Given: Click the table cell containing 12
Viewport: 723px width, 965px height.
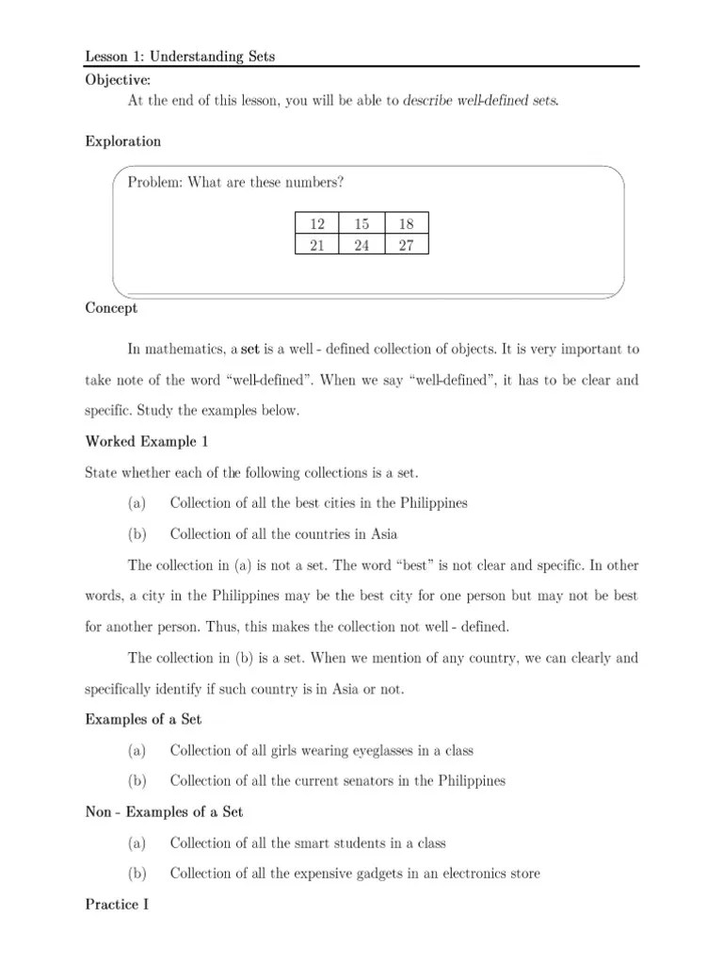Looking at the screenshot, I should pos(317,223).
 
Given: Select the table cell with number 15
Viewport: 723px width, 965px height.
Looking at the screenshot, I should pos(361,223).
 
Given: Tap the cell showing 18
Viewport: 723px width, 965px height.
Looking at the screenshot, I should pos(406,223).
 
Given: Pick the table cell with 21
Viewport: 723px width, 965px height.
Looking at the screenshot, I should pos(317,245).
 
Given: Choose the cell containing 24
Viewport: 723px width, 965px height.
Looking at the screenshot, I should pos(361,245).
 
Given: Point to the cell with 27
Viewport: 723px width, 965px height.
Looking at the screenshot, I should pos(406,245).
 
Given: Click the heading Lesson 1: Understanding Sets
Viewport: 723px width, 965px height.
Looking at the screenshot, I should pos(180,57).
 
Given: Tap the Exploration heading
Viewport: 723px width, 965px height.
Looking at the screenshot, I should pos(122,141).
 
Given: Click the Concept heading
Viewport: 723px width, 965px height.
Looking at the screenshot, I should pos(111,308).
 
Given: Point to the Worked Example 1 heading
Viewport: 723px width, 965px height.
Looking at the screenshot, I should pos(146,441).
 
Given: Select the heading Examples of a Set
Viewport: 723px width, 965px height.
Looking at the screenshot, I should pos(144,719).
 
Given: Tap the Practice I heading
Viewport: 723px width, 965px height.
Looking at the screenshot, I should pos(118,904).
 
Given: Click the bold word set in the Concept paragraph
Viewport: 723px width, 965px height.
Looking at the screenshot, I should pos(250,350).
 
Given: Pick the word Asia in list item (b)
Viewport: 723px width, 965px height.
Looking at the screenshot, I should pos(383,533).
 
